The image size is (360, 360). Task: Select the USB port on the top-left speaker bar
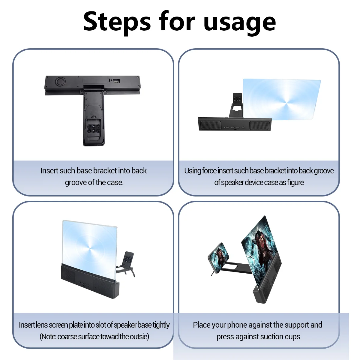(x=116, y=81)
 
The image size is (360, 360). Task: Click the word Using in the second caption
(x=193, y=171)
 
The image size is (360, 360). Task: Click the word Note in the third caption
(x=48, y=337)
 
